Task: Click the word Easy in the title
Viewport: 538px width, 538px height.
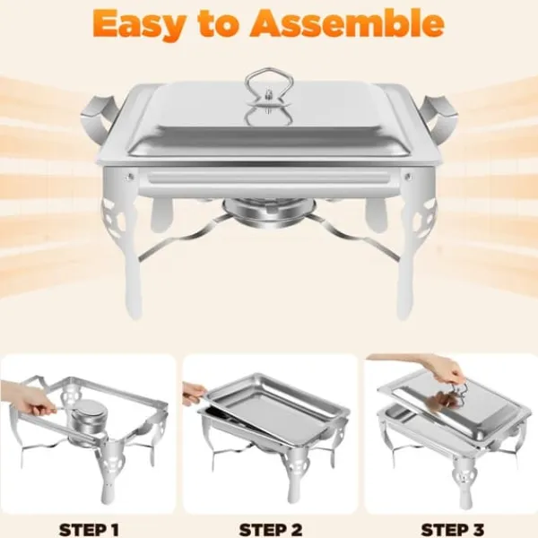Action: (x=137, y=24)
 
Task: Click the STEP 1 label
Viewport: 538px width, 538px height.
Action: (x=89, y=529)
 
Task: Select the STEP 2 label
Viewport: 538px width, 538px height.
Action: (x=271, y=529)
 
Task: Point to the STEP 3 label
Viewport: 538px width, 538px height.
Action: (x=453, y=529)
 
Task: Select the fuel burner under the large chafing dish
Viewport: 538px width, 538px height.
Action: (x=269, y=213)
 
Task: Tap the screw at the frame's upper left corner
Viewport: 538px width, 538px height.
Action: (x=129, y=177)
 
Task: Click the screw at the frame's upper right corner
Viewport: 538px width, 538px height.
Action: (x=408, y=177)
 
